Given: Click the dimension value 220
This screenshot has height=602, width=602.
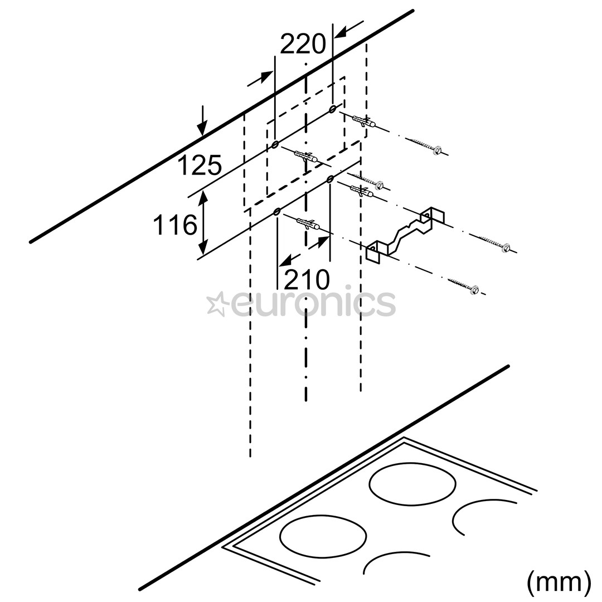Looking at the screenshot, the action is [x=303, y=44].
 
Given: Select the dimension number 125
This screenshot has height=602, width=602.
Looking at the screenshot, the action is [x=200, y=166].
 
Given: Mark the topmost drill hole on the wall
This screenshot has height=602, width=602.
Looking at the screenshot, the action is [x=332, y=109].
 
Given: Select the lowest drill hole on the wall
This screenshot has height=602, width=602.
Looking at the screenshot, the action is [x=276, y=212].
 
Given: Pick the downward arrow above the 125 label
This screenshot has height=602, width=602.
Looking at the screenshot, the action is [x=202, y=120].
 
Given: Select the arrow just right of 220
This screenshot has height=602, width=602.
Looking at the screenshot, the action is [x=349, y=29].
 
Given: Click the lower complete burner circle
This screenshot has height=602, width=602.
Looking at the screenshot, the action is [x=323, y=536].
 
